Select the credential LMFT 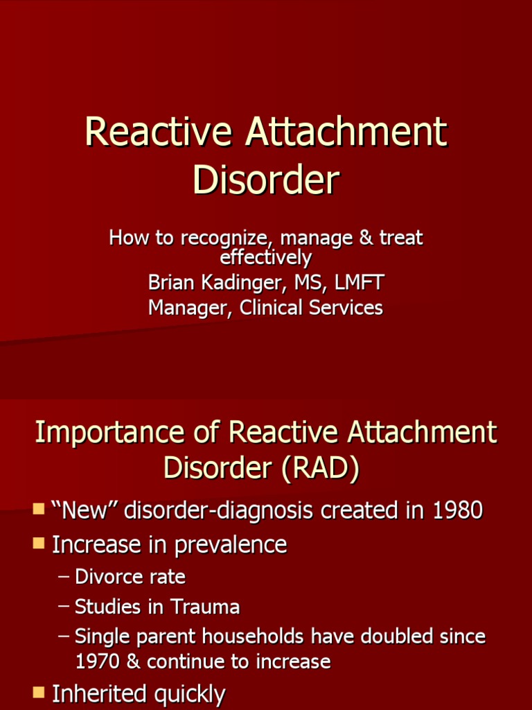pyautogui.click(x=358, y=282)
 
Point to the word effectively pyautogui.click(x=265, y=257)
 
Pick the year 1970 pyautogui.click(x=98, y=661)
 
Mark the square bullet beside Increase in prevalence pyautogui.click(x=39, y=544)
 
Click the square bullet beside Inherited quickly pyautogui.click(x=39, y=693)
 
